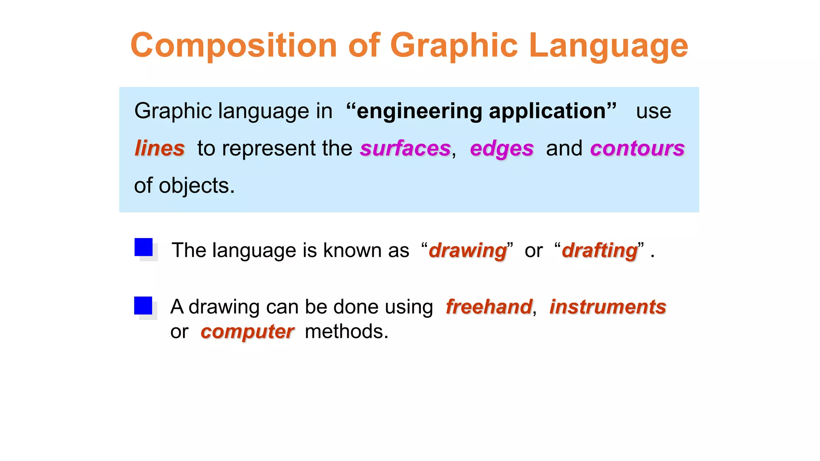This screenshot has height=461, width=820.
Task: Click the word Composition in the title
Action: pos(234,46)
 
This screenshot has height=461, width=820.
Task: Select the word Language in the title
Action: pos(608,46)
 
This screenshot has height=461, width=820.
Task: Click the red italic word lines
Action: pos(159,148)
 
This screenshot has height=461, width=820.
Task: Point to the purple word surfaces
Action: pos(405,148)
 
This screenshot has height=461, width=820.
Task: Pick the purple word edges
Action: pos(502,149)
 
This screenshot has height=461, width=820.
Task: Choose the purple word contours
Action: pos(637,148)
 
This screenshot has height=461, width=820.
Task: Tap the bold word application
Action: pos(548,111)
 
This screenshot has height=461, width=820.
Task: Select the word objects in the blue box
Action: pos(196,186)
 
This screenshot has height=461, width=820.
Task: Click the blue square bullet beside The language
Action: pos(143,247)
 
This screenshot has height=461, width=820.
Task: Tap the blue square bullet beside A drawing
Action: pos(143,305)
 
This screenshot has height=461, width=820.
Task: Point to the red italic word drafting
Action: pos(599,251)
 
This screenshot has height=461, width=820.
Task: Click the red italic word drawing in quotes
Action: pos(468,251)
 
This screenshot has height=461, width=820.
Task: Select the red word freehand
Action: pos(489,307)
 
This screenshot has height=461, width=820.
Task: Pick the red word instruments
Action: pos(607,307)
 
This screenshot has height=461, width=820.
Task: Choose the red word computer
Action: pos(247,332)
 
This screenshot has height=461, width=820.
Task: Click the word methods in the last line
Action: pos(346,332)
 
